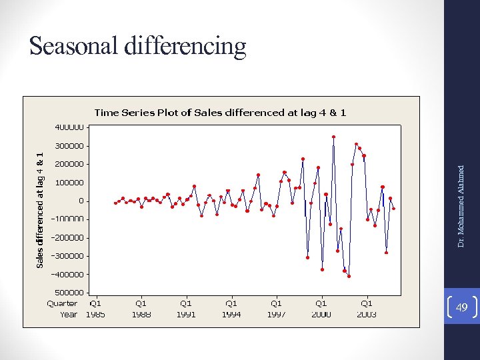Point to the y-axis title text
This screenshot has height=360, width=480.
41,210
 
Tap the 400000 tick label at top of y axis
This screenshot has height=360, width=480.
69,127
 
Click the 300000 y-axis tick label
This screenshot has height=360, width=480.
69,145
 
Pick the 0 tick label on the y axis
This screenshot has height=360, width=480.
81,201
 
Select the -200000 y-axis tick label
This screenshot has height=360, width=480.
67,237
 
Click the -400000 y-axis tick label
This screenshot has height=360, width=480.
67,274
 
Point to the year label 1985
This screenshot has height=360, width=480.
95,314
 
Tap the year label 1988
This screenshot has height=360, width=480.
141,314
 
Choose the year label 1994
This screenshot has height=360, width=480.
231,314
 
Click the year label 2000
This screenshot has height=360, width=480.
321,314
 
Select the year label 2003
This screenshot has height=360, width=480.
366,314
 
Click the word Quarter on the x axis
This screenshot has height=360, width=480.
62,303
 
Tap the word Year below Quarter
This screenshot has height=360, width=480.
69,314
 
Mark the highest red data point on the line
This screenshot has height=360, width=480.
333,137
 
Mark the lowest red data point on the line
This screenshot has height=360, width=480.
349,276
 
